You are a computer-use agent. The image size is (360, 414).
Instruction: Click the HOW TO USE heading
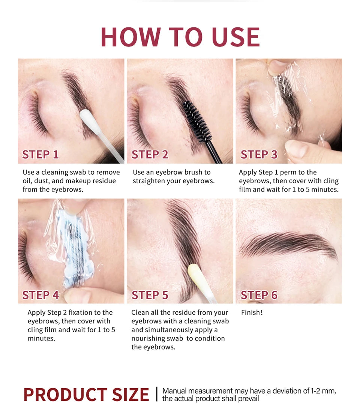coord(180,37)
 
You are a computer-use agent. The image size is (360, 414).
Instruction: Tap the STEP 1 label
coord(40,155)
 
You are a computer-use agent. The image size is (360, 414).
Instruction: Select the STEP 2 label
coord(150,155)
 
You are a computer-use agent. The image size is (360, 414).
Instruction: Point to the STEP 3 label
coord(259,155)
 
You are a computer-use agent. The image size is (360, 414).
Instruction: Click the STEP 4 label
coord(40,295)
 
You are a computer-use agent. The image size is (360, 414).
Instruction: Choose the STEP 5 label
coord(150,295)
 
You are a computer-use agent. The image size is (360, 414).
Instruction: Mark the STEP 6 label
coord(259,295)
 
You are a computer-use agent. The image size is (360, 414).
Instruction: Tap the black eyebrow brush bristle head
coord(197,121)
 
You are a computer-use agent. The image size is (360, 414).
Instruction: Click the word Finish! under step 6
coord(252,312)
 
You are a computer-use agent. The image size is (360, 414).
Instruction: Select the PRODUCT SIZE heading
coord(86,395)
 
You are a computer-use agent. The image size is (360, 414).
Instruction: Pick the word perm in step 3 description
coord(288,173)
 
